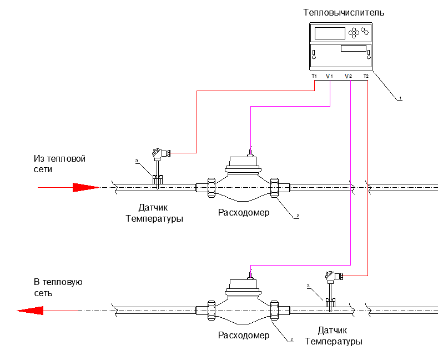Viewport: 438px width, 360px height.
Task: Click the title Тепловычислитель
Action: (x=344, y=12)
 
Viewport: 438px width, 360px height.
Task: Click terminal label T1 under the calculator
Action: (x=314, y=76)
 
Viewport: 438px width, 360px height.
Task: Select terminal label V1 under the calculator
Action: (x=329, y=76)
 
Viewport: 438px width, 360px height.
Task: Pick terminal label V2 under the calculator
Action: (x=348, y=76)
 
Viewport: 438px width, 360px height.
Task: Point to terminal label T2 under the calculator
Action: (x=366, y=76)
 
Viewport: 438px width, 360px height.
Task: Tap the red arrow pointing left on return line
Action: (x=31, y=310)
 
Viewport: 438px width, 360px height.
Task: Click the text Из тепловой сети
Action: (x=59, y=164)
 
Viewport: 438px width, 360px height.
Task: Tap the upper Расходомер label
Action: (x=244, y=212)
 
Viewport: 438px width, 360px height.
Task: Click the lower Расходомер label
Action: (x=244, y=335)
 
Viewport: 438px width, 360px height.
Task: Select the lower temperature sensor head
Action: (x=331, y=276)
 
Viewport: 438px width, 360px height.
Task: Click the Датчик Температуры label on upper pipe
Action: (x=154, y=213)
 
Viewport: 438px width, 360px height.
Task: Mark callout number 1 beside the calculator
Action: (x=400, y=98)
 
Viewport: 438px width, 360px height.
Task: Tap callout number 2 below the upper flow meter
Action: (x=298, y=216)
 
